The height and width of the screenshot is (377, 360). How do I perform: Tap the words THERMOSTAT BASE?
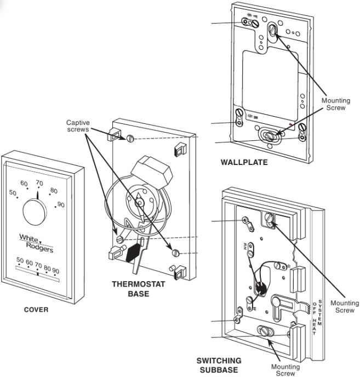pyautogui.click(x=132, y=289)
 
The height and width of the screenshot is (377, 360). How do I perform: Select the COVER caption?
pyautogui.click(x=36, y=309)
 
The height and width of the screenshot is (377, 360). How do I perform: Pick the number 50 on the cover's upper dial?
pyautogui.click(x=13, y=193)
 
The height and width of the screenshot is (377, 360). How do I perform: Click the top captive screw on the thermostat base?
pyautogui.click(x=130, y=137)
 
